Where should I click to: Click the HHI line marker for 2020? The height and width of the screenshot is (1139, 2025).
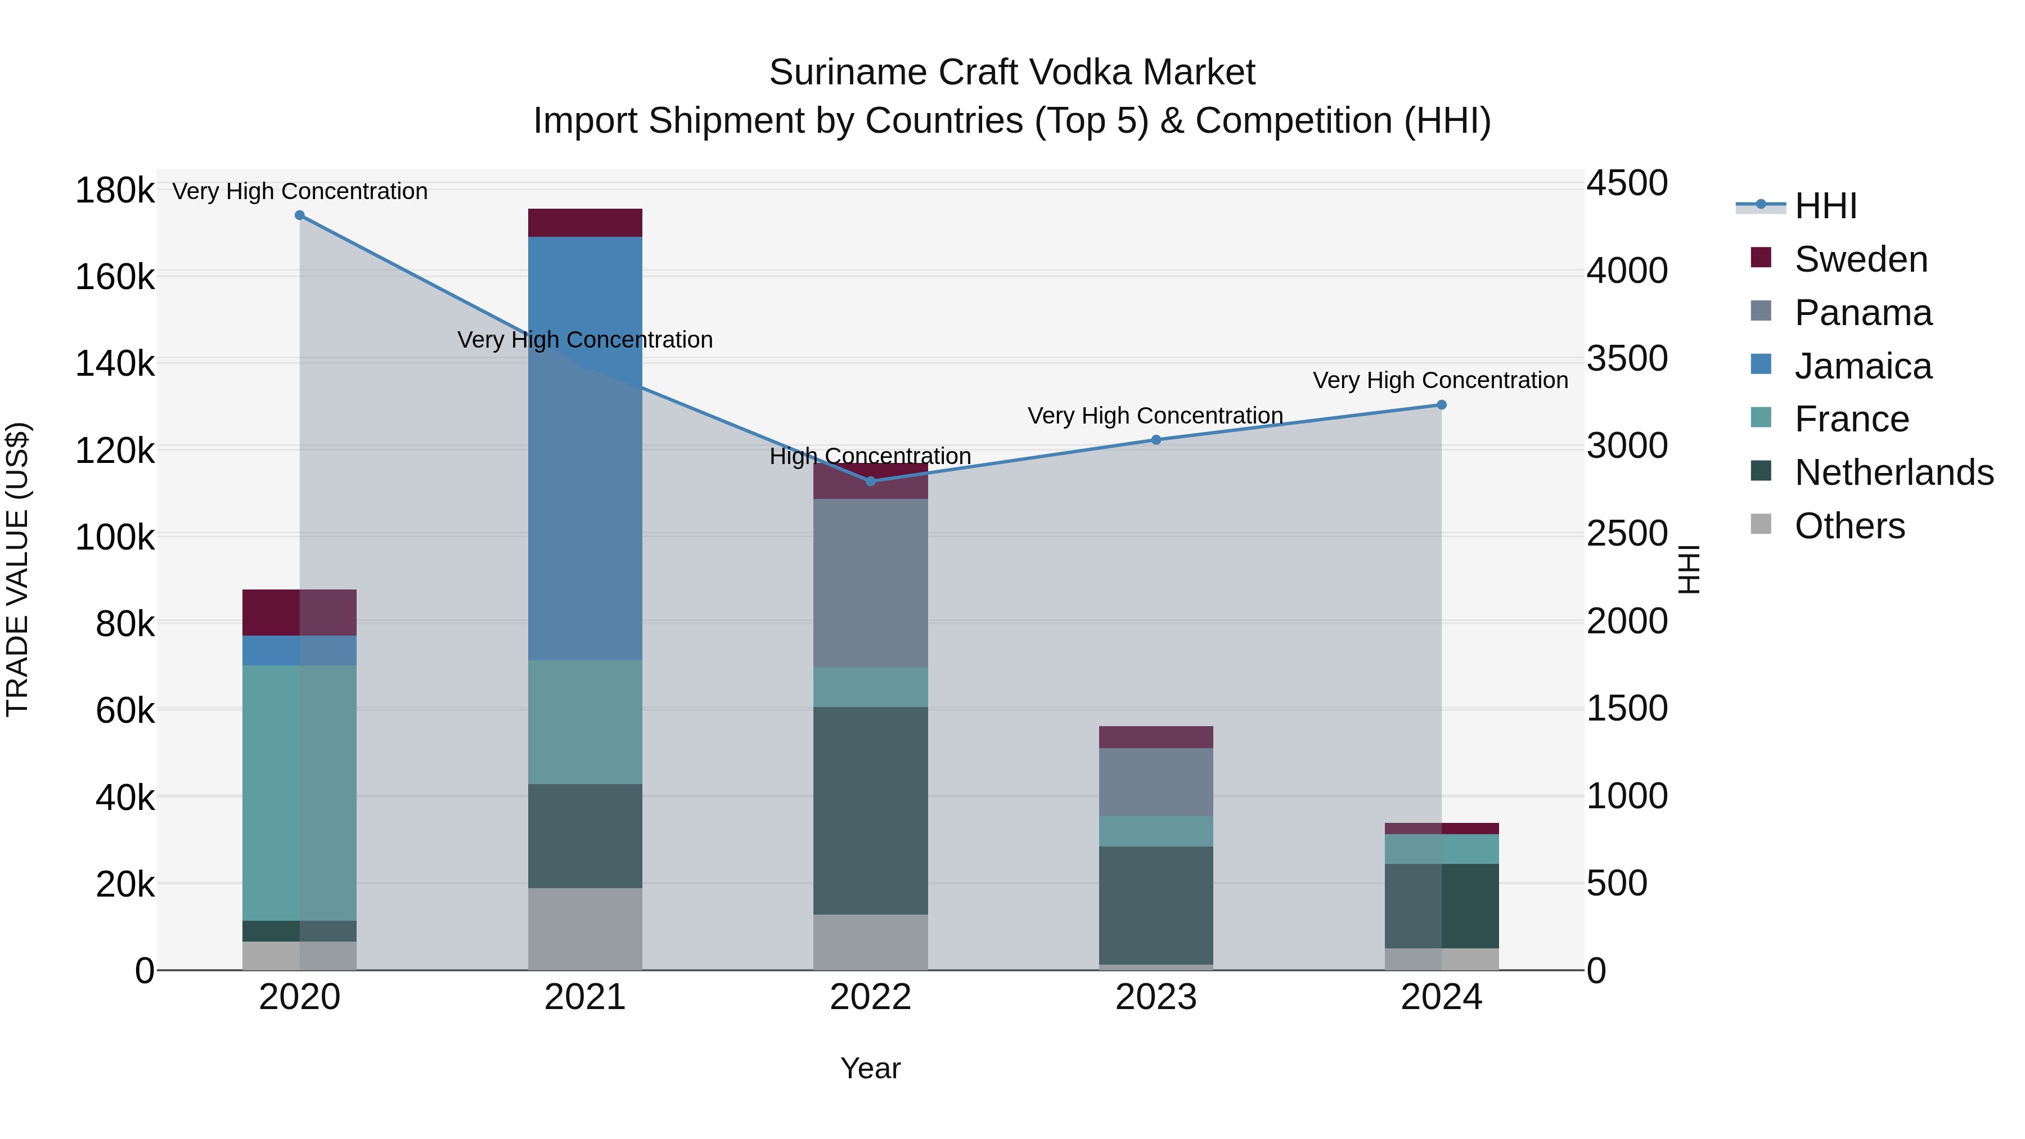(299, 215)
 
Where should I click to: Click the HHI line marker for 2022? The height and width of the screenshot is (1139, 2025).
(870, 481)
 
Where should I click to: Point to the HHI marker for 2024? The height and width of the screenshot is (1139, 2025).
(1442, 405)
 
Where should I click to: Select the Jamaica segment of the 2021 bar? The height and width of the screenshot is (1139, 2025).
(585, 448)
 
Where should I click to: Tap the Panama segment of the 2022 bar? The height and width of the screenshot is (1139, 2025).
(870, 583)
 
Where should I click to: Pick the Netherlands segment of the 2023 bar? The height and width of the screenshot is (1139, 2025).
(1155, 905)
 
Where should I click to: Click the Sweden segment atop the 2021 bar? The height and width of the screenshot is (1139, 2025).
(585, 222)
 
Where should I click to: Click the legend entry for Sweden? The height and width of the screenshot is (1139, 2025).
(1861, 259)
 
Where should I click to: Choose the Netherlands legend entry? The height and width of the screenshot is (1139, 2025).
(1894, 472)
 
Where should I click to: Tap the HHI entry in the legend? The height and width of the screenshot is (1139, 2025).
(1825, 206)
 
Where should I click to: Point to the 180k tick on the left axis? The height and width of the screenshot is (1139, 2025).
(115, 191)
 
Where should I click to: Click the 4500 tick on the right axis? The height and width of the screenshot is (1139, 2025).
(1626, 183)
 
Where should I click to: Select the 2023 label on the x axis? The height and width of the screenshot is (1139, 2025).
(1155, 997)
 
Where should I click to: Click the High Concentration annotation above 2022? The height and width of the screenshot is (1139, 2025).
(870, 456)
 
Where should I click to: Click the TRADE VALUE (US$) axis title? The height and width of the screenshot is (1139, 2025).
(18, 569)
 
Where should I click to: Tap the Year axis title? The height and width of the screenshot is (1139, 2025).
(870, 1068)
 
